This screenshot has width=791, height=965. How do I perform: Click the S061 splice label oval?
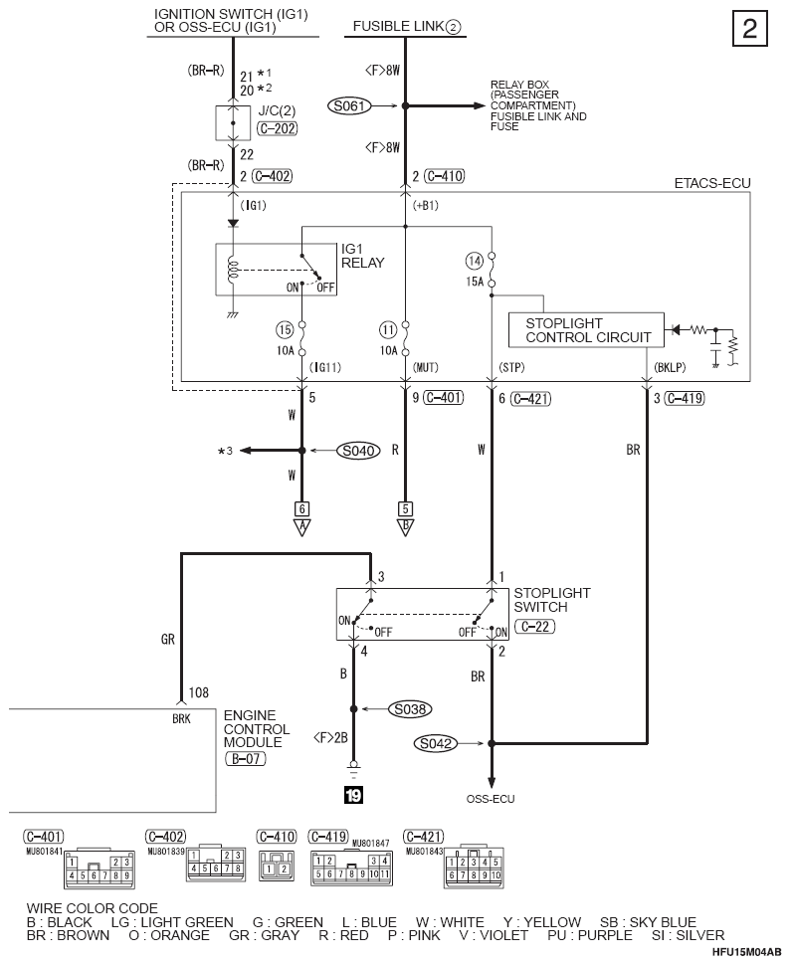(349, 105)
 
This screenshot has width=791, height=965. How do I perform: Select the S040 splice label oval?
(358, 451)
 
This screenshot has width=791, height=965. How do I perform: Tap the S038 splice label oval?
(410, 709)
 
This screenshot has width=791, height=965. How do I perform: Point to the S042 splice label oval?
(436, 743)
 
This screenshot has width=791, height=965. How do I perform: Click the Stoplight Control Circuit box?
(586, 330)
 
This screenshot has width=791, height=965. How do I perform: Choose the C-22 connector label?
(534, 627)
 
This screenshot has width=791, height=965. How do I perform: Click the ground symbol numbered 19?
(353, 795)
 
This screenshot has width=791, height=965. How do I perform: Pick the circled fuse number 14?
(474, 261)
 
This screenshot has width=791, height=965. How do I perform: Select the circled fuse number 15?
(285, 330)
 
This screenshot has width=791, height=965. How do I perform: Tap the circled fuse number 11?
(388, 330)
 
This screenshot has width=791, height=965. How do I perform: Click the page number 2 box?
(750, 28)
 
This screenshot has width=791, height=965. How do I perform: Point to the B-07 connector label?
(246, 758)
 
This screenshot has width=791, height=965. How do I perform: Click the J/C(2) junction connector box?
(233, 123)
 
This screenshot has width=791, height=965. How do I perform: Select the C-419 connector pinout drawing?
(351, 868)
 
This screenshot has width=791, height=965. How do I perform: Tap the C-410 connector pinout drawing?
(277, 866)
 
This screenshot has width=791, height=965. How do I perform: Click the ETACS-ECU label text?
(712, 183)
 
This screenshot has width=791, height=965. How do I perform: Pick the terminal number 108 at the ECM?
(198, 693)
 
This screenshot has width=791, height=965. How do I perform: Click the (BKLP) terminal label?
(670, 367)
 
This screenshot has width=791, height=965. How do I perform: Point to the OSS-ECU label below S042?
(490, 799)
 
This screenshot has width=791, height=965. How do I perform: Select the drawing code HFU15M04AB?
(746, 952)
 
